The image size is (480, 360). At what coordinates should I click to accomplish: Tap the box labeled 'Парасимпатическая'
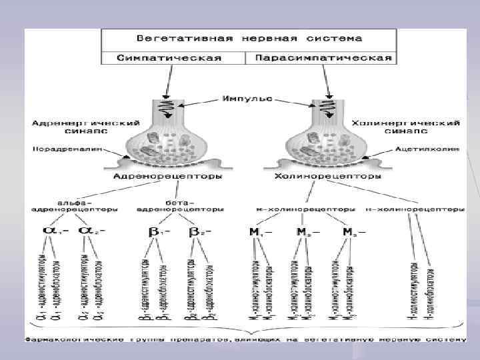[x=320, y=57]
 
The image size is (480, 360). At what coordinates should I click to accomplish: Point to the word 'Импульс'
[x=247, y=99]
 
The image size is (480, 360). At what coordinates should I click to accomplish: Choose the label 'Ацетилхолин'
[x=427, y=149]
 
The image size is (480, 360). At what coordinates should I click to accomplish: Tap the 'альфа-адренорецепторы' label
[x=73, y=205]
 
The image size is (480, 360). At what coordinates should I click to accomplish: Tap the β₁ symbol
[x=158, y=231]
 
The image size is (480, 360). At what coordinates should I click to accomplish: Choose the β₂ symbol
[x=198, y=231]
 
